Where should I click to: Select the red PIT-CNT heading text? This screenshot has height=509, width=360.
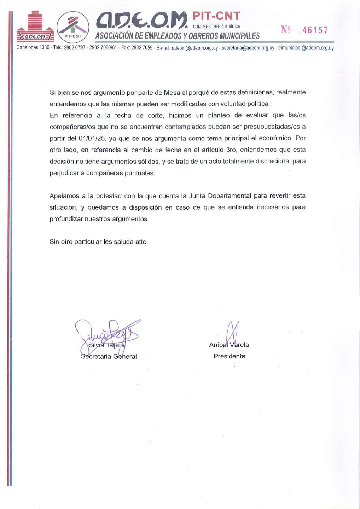pos(216,16)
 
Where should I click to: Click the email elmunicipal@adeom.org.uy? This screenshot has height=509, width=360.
pos(306,48)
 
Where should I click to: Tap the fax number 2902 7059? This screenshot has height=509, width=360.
pos(142,48)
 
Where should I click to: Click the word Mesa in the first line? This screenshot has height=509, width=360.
pos(172,93)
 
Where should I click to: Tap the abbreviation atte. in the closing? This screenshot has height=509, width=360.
pos(141,242)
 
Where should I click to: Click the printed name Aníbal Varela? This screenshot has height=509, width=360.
pos(229,345)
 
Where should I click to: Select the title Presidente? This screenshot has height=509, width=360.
pos(229,356)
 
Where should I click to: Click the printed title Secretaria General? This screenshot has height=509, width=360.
pos(109,357)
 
